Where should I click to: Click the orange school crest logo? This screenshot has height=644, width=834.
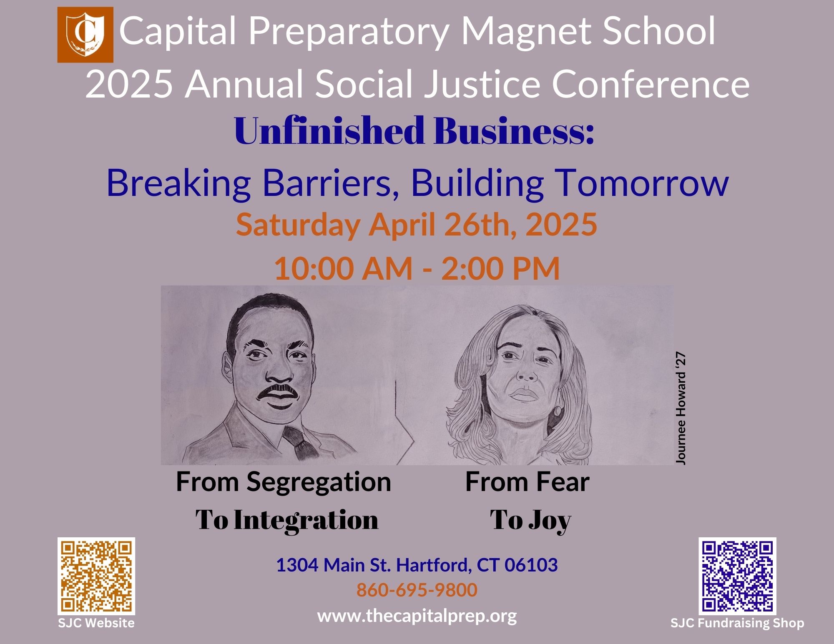coord(85,35)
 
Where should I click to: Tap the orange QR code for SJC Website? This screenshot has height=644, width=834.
coord(96,576)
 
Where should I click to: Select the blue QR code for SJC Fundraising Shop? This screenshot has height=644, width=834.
coord(738,576)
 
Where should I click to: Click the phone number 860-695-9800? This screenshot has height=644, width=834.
coord(417,590)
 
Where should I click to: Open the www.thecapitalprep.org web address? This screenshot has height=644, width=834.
coord(417,616)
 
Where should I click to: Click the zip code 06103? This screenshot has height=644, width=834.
coord(531,565)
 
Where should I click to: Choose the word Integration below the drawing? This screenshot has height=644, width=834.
coord(306,520)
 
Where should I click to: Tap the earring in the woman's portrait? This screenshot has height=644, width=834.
coord(558,411)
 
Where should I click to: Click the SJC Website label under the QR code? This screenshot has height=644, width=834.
coord(96,623)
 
